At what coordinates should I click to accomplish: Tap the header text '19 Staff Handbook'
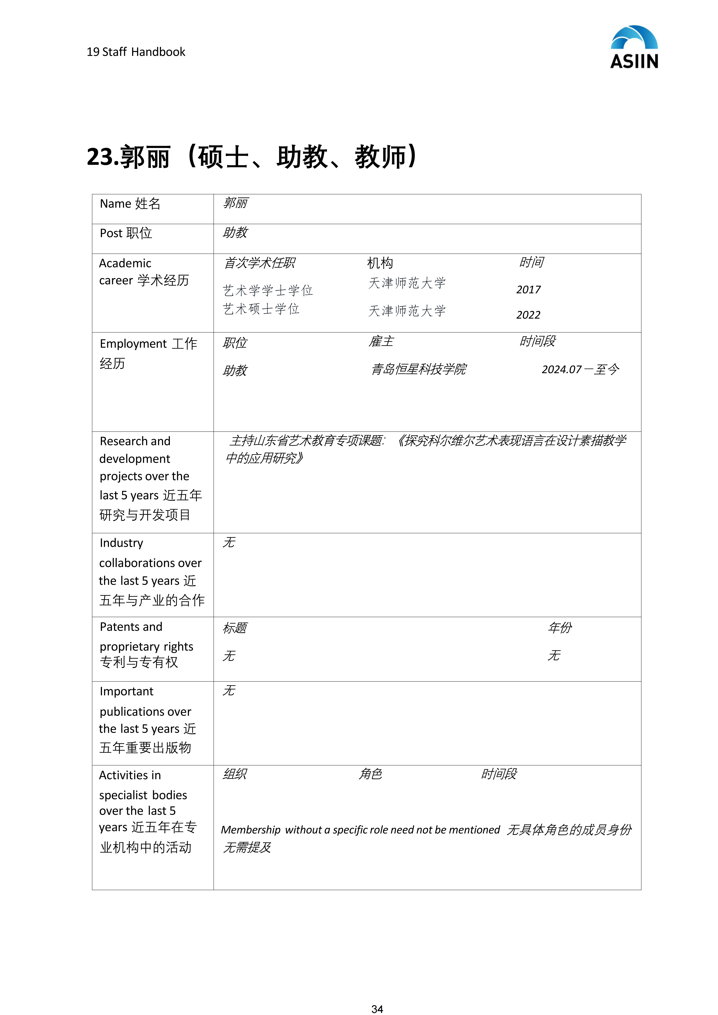136,52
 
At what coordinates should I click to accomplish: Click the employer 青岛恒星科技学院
419,369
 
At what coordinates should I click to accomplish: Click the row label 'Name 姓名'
130,204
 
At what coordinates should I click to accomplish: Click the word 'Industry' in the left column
122,543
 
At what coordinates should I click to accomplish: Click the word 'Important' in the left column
126,692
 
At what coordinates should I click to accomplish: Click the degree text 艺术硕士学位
261,309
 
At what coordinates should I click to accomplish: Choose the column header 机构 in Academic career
380,263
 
